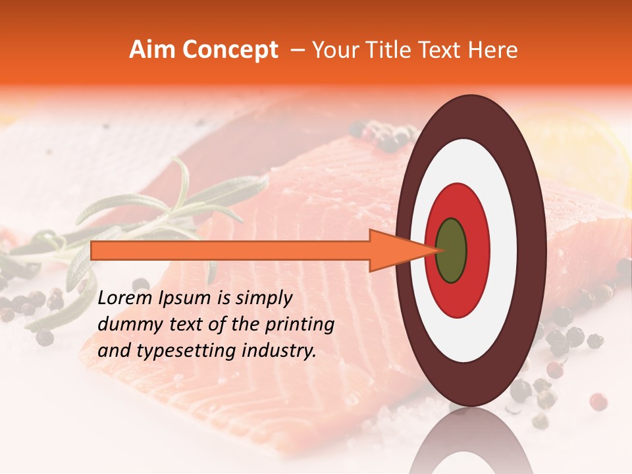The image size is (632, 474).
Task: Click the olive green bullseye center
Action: pos(452,250)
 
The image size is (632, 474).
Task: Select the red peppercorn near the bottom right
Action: pos(598,401)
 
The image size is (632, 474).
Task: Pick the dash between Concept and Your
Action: pos(297,51)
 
